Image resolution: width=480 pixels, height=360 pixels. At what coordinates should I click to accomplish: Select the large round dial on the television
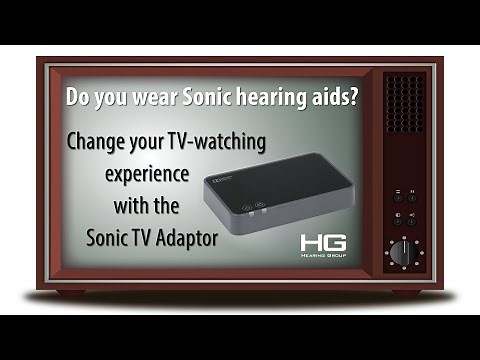click(402, 252)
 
